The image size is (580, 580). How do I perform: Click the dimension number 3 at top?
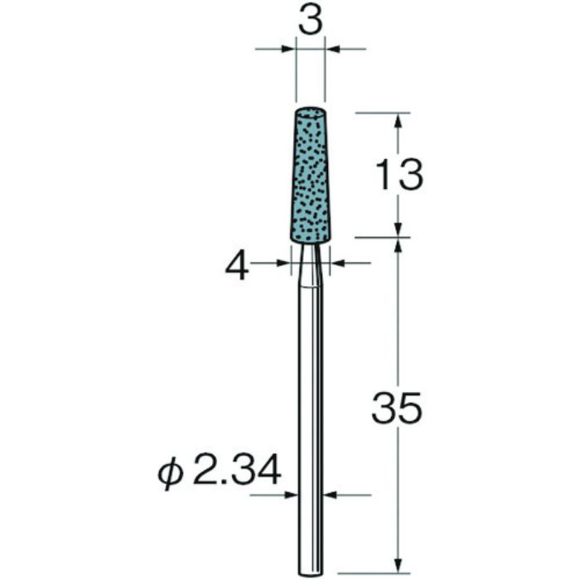[310, 22]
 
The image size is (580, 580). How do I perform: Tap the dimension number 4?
[237, 267]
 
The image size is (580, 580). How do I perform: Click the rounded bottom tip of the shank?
[310, 568]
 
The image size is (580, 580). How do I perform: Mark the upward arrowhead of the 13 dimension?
[399, 120]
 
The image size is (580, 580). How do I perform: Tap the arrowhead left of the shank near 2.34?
[292, 495]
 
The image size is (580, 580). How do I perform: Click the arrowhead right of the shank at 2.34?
[329, 495]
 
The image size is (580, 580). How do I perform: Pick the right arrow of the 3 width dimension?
[333, 50]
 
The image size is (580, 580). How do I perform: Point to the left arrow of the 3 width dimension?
[288, 50]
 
